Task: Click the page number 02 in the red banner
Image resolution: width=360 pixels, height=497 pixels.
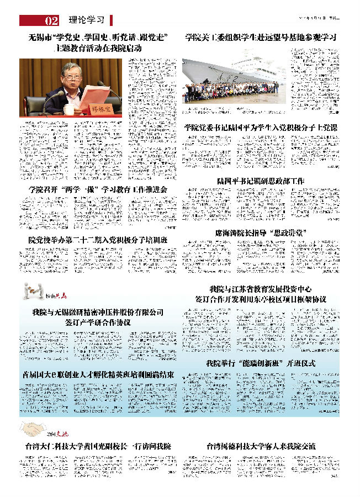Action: pyautogui.click(x=51, y=21)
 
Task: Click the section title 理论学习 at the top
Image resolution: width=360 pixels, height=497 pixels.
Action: pyautogui.click(x=87, y=20)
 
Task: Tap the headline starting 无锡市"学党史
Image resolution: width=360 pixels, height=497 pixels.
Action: pyautogui.click(x=98, y=38)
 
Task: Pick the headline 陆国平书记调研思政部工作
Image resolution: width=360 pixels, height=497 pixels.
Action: pyautogui.click(x=261, y=181)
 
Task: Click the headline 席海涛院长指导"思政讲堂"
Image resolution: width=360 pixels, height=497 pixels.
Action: pyautogui.click(x=261, y=232)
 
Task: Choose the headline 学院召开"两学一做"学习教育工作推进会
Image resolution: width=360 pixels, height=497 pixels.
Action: pyautogui.click(x=98, y=189)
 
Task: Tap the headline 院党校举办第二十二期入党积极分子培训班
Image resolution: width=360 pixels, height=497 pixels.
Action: pyautogui.click(x=98, y=240)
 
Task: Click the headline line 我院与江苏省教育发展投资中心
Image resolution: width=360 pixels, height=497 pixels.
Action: pyautogui.click(x=261, y=289)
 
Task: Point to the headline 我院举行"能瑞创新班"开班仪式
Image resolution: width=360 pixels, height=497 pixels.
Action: pyautogui.click(x=261, y=363)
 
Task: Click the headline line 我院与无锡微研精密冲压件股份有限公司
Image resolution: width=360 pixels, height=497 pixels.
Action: pyautogui.click(x=98, y=312)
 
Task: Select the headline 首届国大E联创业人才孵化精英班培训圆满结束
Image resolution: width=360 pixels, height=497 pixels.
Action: pyautogui.click(x=98, y=374)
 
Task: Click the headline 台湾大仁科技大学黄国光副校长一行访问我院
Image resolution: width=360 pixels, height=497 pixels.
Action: pyautogui.click(x=98, y=446)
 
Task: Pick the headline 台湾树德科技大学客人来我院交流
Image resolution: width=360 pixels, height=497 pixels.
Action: pyautogui.click(x=261, y=446)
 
